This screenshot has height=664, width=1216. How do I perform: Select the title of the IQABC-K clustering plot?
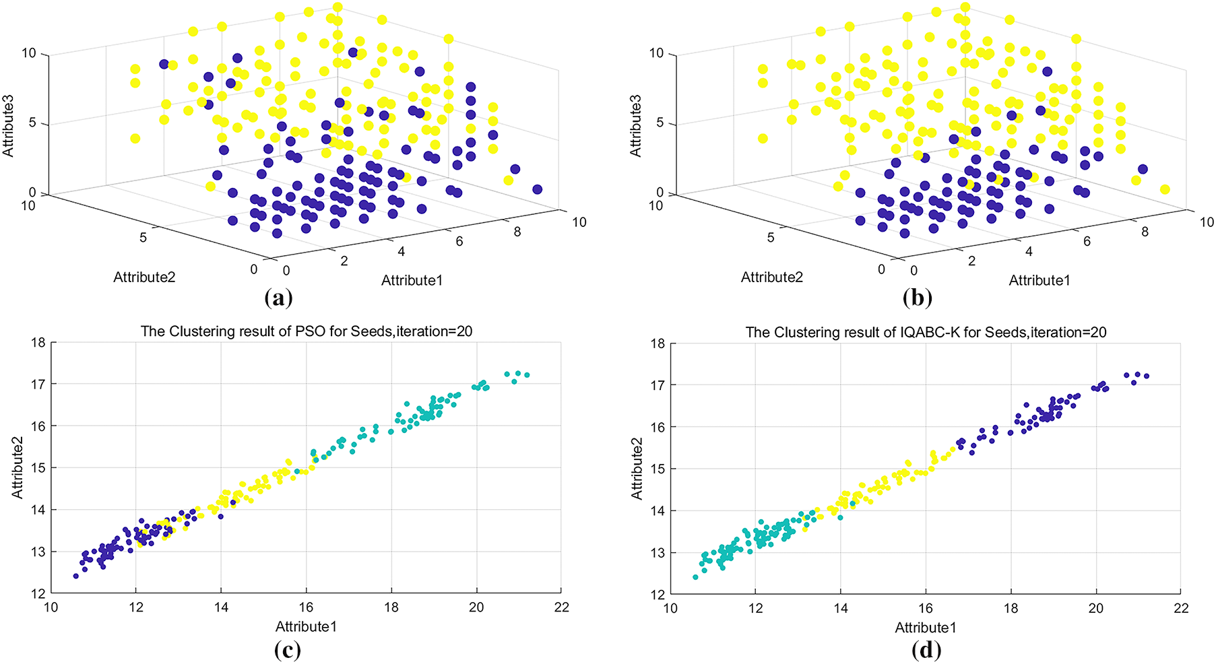pos(926,332)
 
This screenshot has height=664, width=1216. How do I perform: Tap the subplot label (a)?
pos(279,297)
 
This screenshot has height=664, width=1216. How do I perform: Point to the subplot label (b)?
pos(917,297)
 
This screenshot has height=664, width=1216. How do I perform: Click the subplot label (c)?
pos(288,650)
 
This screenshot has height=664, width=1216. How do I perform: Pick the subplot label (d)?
pos(926,650)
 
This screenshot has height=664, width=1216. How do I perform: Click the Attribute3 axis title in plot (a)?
pos(9,126)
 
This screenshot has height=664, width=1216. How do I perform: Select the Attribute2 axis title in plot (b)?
pos(772,277)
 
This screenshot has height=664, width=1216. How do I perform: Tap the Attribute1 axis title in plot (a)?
pos(412,280)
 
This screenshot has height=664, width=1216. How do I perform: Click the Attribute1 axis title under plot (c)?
pos(306,626)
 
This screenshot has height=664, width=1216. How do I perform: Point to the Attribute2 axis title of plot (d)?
pos(637,468)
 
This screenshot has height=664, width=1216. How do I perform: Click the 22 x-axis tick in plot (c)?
pos(561,607)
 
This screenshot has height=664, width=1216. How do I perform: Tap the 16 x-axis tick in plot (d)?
pos(926,608)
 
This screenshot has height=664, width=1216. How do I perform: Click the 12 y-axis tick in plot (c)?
pos(38,593)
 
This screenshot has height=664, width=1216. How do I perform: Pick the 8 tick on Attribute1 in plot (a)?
pos(517,232)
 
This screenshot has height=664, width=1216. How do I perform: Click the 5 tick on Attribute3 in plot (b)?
pos(660,123)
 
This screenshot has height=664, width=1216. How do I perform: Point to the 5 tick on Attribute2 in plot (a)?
pos(143,237)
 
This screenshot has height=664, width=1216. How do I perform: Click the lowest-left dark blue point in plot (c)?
pos(76,576)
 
